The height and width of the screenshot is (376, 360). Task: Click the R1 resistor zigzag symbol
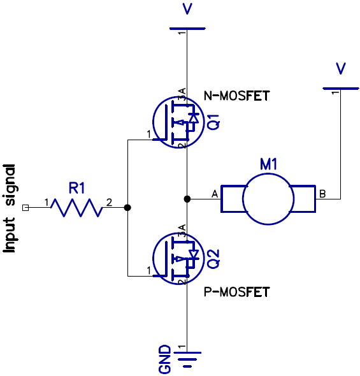click(x=77, y=208)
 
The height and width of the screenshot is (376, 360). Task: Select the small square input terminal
click(x=25, y=208)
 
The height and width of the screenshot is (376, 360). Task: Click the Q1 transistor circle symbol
click(x=176, y=122)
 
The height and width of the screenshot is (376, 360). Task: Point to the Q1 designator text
click(x=213, y=121)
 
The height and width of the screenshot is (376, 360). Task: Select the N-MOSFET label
click(x=236, y=96)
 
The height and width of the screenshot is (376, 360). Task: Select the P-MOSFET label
click(x=236, y=292)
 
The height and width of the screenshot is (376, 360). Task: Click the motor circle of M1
click(x=268, y=199)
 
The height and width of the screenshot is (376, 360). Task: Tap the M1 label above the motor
click(x=268, y=164)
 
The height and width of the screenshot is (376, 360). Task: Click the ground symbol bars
click(x=187, y=361)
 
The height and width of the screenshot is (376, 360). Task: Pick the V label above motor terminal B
click(x=341, y=68)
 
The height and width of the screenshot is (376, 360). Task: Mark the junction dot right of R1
click(x=127, y=208)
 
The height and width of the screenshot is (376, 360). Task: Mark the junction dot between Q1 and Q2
click(x=187, y=199)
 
